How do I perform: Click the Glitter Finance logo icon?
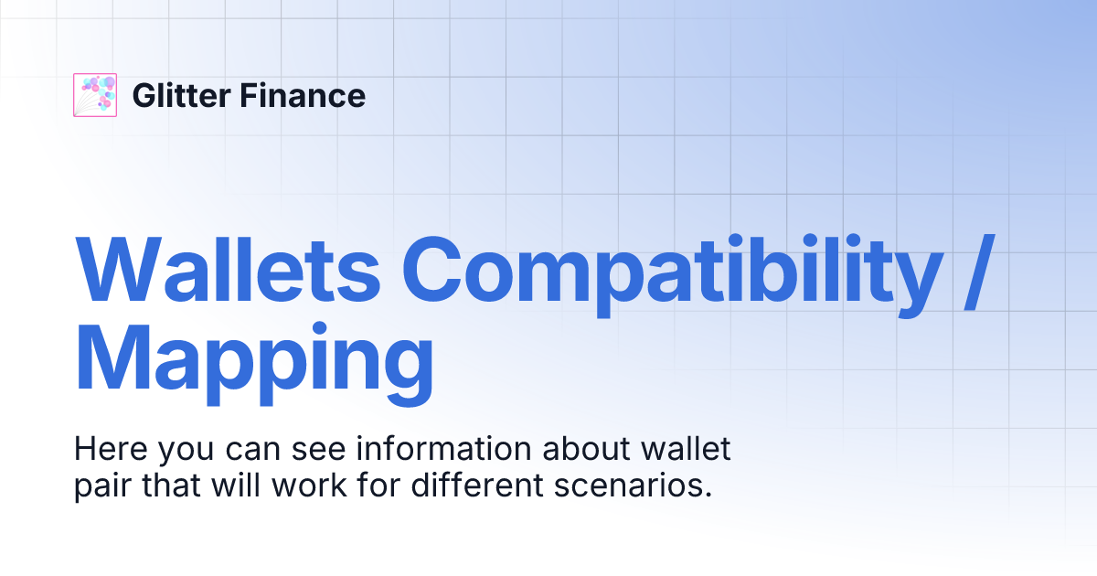[95, 95]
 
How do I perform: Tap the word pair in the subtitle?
[102, 485]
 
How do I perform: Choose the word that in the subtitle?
[173, 485]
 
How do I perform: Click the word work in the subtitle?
[299, 485]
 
